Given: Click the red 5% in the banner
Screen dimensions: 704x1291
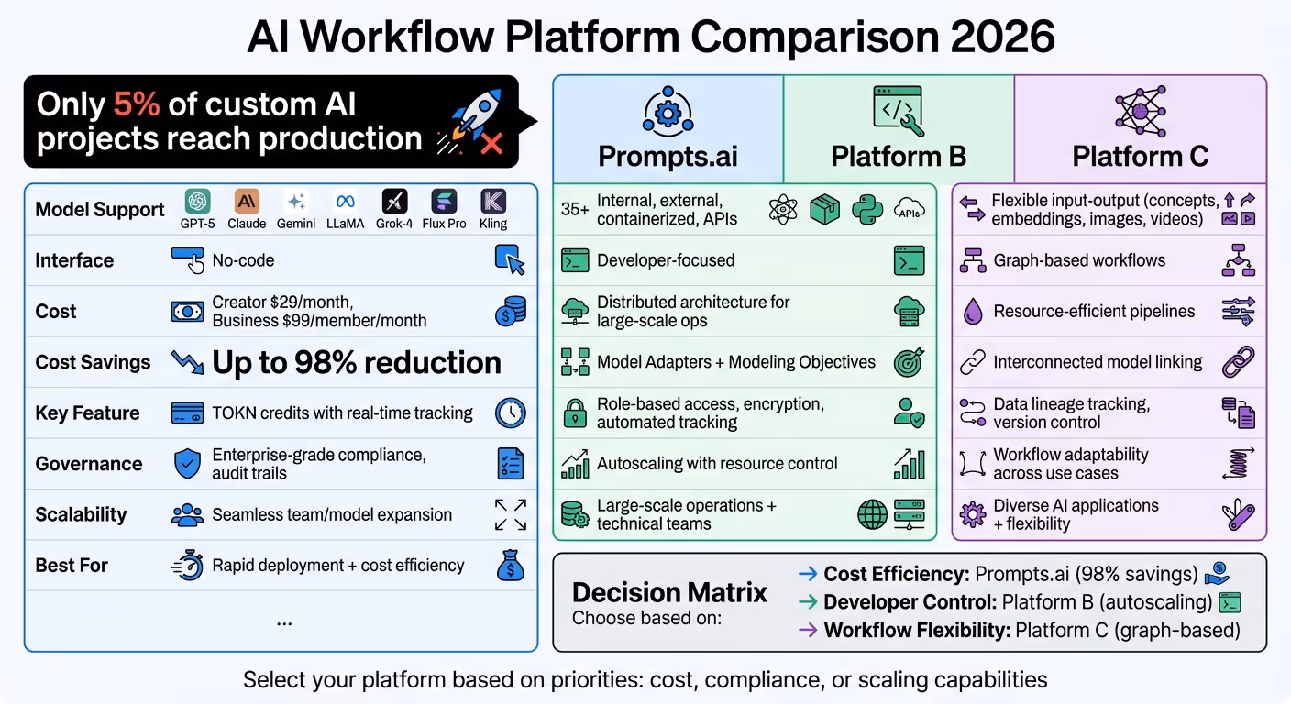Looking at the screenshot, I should point(137,104).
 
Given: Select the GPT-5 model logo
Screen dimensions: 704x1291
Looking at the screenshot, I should point(198,202).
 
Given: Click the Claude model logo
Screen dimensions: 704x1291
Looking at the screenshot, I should point(247,202).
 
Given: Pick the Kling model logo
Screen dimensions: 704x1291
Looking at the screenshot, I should point(493,202).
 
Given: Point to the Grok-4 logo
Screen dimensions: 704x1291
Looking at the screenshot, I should point(394,202).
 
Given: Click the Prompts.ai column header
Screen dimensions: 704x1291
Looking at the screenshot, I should point(668,156).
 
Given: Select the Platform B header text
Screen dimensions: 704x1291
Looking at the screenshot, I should point(899,156).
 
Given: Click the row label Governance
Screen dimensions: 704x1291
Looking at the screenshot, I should point(89,464).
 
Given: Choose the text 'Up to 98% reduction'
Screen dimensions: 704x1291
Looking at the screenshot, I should point(357,363).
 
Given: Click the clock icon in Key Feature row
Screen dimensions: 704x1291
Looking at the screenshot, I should point(511,413).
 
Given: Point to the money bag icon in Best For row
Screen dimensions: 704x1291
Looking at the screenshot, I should point(511,566).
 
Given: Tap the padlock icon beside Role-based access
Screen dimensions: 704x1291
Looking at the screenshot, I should point(575,413).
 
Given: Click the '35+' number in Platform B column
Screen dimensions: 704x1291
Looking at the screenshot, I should point(575,210).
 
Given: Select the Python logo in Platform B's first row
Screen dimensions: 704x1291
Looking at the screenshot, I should point(866,210).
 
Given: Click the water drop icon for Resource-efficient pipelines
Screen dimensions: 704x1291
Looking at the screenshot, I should point(972,312).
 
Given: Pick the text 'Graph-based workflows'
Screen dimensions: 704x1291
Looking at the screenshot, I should point(1079,261).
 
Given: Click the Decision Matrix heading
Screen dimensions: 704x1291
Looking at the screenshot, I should point(669,592).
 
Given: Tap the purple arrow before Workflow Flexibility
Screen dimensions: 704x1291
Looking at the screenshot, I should point(808,630).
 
